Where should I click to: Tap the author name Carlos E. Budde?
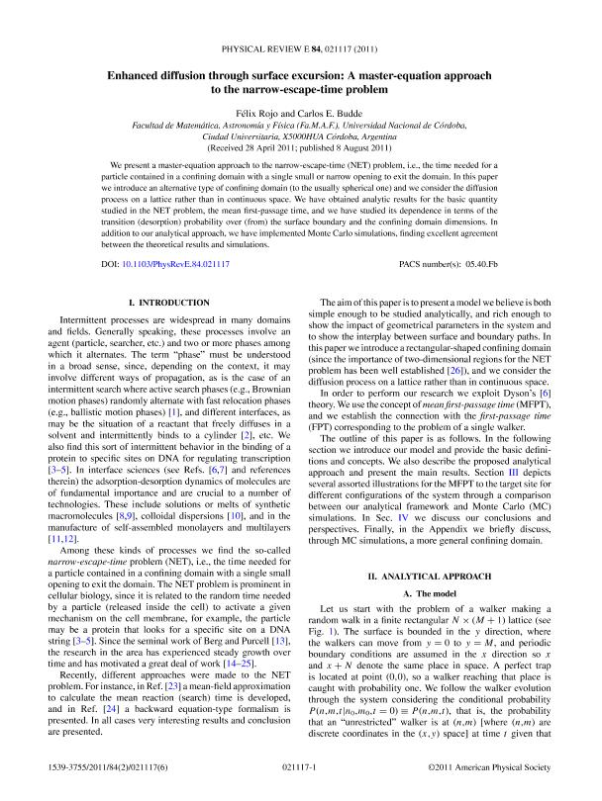pyautogui.click(x=331, y=113)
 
